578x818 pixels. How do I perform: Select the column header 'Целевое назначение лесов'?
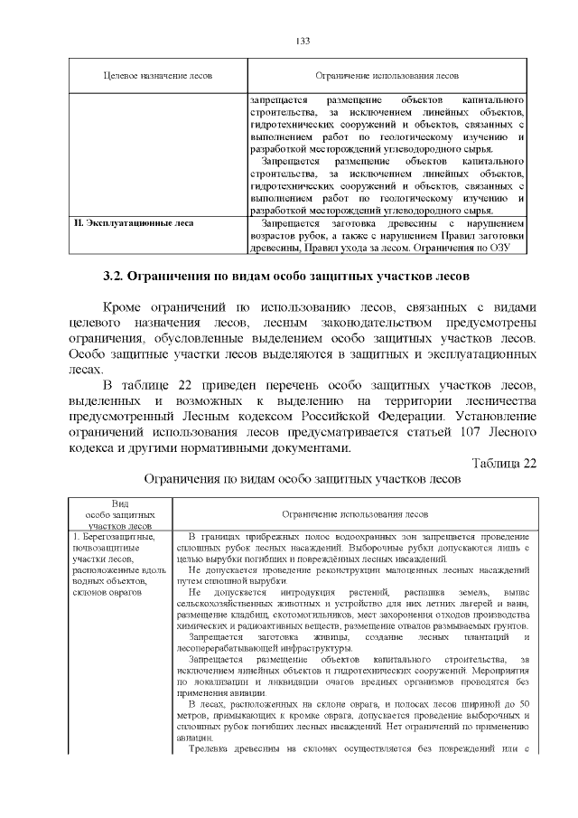click(158, 77)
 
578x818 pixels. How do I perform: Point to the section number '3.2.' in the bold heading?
click(114, 276)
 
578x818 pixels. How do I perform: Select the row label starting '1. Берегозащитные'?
click(115, 537)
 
